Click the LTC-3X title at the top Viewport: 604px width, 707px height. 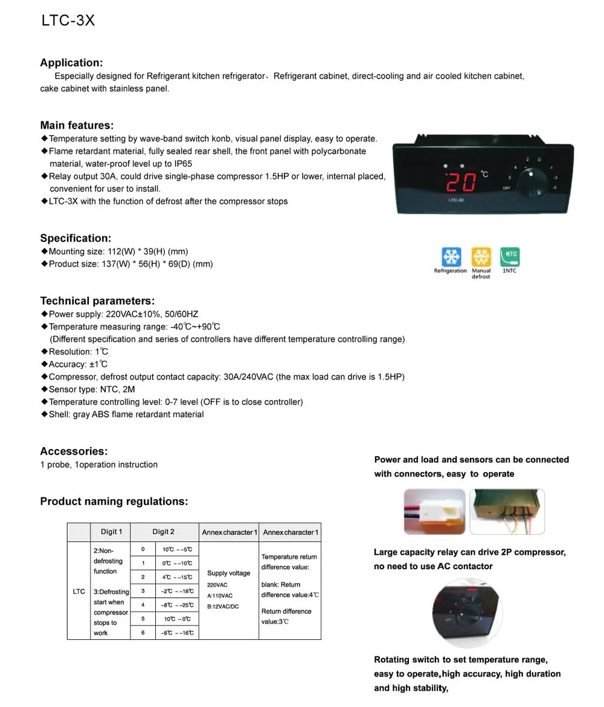coord(68,21)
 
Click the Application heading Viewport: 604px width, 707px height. coord(71,63)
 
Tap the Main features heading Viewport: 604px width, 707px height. coord(77,126)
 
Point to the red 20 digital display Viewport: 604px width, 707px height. coord(461,181)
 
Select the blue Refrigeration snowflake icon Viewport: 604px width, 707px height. coord(451,257)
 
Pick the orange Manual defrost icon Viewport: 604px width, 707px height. coord(481,257)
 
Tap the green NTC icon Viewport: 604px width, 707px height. coord(510,257)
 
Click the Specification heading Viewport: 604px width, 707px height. coord(75,238)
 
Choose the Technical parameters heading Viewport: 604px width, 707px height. coord(97,301)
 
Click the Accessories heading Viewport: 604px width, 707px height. coord(74,451)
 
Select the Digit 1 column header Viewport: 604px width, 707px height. coord(111,532)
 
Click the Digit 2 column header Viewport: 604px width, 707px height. coord(163,532)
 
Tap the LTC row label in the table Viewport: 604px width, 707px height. coord(79,592)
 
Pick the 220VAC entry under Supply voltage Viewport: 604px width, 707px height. coord(217,585)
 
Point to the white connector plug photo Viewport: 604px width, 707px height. coord(434,512)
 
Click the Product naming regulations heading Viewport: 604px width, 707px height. coord(114,502)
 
